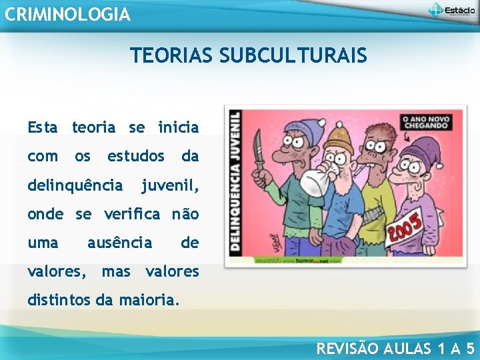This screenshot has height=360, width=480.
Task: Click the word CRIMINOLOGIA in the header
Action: point(67,14)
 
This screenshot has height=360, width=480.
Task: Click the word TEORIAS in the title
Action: point(169,55)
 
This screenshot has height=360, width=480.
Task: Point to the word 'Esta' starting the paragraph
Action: point(43,127)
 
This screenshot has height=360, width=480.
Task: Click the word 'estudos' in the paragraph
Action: point(136,156)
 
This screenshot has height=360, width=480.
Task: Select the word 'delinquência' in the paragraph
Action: point(75,185)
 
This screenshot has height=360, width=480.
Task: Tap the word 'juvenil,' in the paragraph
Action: point(170,185)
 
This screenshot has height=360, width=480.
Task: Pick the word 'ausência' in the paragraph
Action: point(120,243)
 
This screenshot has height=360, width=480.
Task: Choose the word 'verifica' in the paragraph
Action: point(133,214)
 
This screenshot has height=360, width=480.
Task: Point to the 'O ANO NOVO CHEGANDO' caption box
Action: point(427,123)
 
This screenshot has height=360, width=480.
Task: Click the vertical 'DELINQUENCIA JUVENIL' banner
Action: point(235,181)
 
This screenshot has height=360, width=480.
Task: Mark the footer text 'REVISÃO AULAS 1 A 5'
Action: point(395,347)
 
